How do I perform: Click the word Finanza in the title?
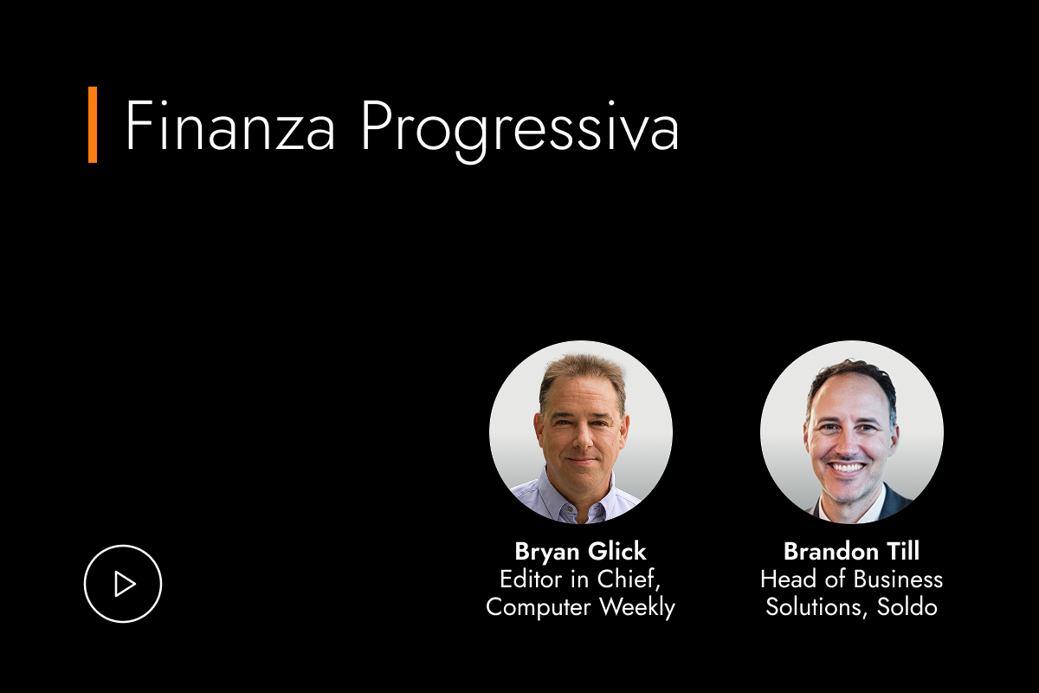click(x=230, y=126)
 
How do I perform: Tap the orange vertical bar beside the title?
click(x=93, y=125)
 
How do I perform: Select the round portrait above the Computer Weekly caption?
click(x=580, y=432)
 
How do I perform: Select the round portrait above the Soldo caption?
click(x=851, y=432)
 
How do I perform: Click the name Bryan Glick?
click(x=580, y=551)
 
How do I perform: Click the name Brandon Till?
click(x=851, y=551)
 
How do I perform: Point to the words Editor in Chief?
click(x=580, y=579)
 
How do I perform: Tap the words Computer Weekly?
click(x=580, y=606)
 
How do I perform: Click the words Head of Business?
click(x=851, y=579)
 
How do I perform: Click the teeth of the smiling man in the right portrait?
click(x=849, y=468)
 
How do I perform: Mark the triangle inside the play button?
click(x=125, y=584)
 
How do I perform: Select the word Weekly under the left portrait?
click(x=636, y=606)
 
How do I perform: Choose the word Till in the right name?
click(x=900, y=551)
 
